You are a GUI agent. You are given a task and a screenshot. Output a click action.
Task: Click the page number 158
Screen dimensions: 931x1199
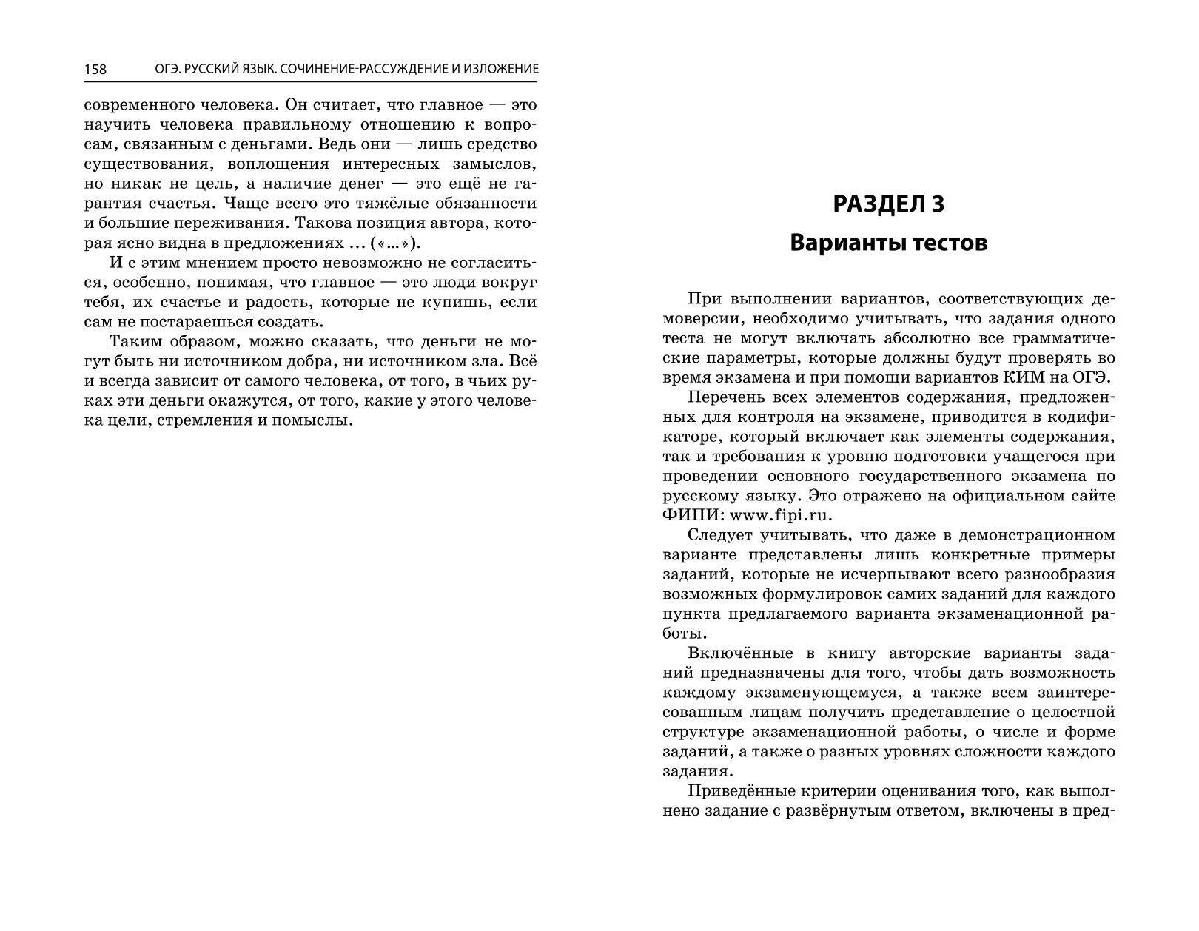coord(95,70)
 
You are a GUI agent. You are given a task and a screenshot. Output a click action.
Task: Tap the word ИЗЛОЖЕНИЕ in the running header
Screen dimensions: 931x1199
coord(501,69)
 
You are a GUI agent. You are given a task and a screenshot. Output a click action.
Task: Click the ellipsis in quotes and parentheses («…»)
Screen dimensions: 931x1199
coord(397,243)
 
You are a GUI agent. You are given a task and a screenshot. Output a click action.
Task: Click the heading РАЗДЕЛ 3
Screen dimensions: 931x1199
coord(888,204)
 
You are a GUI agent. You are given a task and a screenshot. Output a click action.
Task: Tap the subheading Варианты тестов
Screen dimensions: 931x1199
coord(888,243)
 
